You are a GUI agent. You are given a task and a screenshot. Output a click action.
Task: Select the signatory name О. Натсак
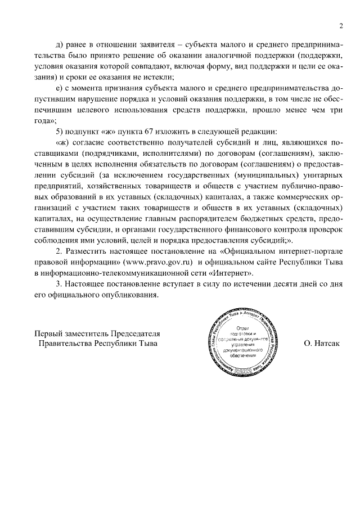(321, 343)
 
